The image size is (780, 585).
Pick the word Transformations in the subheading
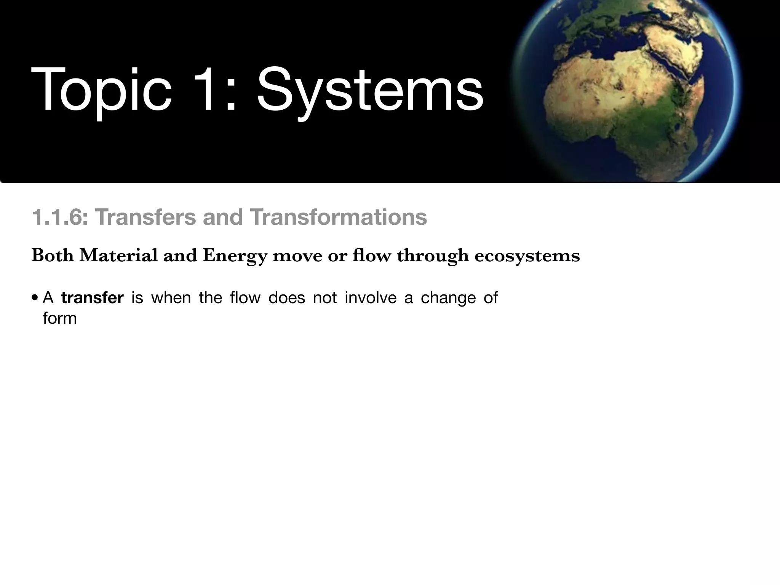pos(338,217)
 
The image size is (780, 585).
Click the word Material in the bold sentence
pos(118,255)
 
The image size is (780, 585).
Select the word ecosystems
pos(527,256)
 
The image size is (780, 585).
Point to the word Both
pos(52,255)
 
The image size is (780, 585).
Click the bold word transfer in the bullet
pos(93,298)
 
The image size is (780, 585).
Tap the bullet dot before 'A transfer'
pos(35,298)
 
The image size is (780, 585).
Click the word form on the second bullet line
pos(60,318)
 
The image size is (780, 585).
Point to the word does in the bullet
pos(286,298)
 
